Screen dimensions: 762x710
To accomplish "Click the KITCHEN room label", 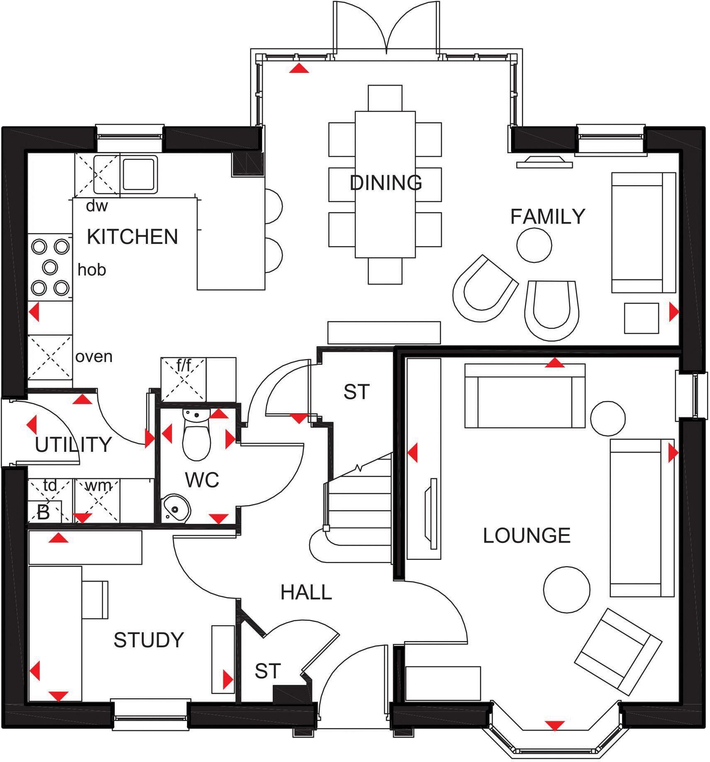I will coord(132,236).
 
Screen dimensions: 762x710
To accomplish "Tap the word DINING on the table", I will coord(385,183).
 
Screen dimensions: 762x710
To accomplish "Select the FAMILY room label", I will coord(547,217).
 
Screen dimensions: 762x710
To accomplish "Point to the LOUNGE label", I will coord(526,535).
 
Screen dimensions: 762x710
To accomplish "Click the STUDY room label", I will coord(148,640).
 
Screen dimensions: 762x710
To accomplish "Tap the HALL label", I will coord(306,593).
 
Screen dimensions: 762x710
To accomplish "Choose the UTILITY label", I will coord(73,445).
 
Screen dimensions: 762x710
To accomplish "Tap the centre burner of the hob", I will coord(50,268).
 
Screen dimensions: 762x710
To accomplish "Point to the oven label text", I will coord(94,357).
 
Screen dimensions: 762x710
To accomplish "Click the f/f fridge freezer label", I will coord(184,366).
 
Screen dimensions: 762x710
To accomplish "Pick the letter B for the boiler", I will coord(43,513).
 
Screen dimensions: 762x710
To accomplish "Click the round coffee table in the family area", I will coord(534,245).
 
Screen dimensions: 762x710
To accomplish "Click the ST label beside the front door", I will coord(267,671).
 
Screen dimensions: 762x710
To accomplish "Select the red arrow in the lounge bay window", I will coord(555,725).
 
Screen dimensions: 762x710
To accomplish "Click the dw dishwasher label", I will coord(97,206).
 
